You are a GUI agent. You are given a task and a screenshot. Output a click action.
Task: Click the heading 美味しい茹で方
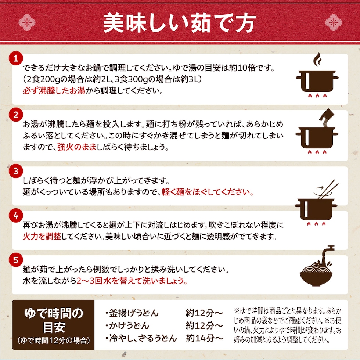coord(180,23)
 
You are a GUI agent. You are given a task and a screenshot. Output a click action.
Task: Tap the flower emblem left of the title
coord(27,22)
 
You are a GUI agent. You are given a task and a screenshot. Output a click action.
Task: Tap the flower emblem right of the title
coord(334,22)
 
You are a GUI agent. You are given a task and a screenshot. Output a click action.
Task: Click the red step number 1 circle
coord(16,58)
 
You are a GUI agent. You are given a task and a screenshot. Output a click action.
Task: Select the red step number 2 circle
coord(16,115)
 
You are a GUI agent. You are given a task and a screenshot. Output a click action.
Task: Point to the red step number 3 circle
coord(16,171)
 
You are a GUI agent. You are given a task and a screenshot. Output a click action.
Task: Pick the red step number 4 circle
coord(16,216)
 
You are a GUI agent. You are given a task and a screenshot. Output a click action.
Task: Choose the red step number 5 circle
coord(16,260)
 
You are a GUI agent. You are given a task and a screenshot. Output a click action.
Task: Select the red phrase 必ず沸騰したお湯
coord(54,91)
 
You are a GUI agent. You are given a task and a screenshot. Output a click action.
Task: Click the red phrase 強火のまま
coord(77,147)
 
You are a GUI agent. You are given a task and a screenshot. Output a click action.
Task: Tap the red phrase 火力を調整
coord(42,236)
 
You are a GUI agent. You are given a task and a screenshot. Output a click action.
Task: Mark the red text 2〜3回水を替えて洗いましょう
coord(132,281)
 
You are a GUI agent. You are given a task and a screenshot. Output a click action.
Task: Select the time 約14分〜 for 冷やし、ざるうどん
coord(205,338)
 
